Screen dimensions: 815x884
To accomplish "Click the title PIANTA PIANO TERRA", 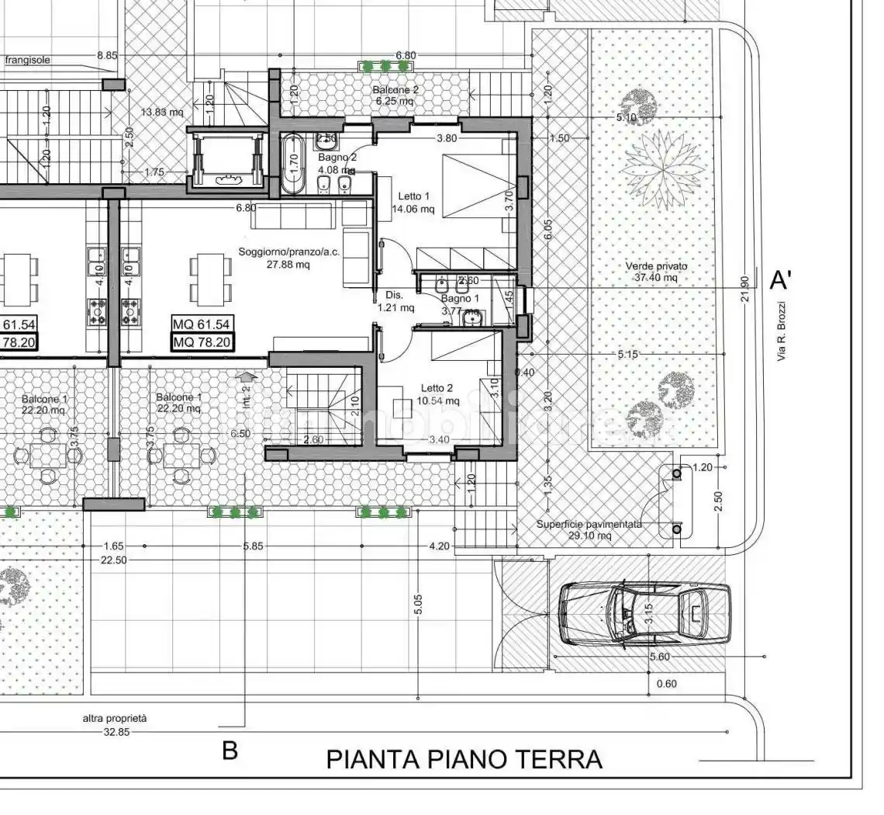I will [x=464, y=758].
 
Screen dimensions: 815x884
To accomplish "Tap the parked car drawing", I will [x=644, y=614].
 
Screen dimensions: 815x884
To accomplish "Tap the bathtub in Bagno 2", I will [x=292, y=165].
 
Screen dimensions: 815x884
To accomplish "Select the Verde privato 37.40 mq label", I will [x=656, y=272].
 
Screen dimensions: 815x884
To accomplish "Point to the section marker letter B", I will [x=230, y=751].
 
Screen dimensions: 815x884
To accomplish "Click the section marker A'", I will [x=781, y=279].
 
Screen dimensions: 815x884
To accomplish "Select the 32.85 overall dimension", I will [x=116, y=732].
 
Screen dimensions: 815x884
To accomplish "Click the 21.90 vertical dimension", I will [x=745, y=289].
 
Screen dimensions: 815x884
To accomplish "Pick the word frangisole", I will [x=29, y=59].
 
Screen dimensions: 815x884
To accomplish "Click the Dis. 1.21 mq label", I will [x=395, y=301].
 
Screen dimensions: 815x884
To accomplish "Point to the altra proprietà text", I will [x=115, y=718].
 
